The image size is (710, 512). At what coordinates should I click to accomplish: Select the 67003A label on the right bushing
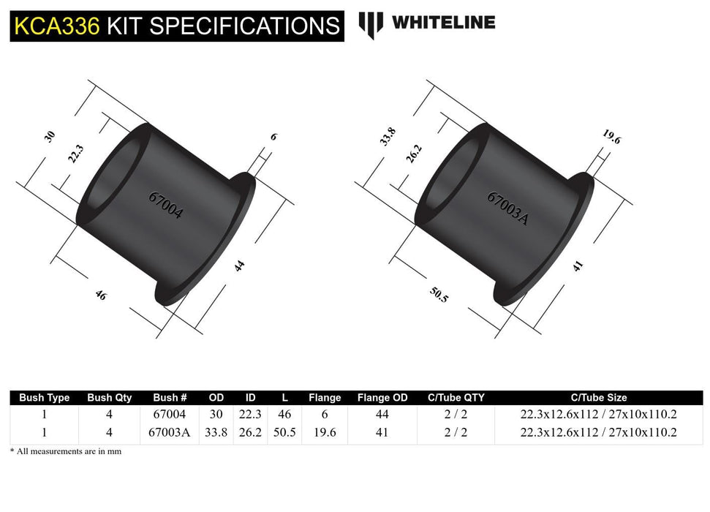point(507,207)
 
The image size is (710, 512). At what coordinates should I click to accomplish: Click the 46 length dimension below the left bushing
point(100,295)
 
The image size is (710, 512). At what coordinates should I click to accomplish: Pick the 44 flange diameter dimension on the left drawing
point(239,266)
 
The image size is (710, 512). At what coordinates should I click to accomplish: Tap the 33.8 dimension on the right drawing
point(388,137)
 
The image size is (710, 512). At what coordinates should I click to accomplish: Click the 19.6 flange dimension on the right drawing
point(611,137)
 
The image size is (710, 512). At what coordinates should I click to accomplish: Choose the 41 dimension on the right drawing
point(578,266)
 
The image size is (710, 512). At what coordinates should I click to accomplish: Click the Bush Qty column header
point(110,398)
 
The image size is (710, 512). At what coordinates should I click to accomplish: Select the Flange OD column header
point(382,398)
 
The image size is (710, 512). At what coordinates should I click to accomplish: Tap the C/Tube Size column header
point(598,398)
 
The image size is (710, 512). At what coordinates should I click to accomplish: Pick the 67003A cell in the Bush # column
point(170,432)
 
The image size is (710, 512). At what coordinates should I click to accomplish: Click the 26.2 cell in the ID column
point(250,432)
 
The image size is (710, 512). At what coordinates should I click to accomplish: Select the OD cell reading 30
point(216,415)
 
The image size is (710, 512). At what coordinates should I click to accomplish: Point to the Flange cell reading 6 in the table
point(324,415)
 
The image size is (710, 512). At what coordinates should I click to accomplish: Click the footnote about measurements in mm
point(66,451)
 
